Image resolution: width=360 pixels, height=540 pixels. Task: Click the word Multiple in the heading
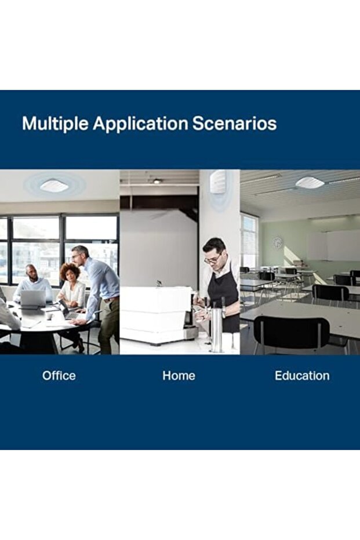tap(55, 124)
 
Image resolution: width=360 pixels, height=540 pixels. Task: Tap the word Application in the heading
tap(140, 124)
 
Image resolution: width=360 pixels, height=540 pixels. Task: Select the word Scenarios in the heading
tap(234, 124)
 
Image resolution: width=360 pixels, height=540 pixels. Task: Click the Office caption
tap(59, 375)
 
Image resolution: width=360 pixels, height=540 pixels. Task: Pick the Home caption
tap(179, 375)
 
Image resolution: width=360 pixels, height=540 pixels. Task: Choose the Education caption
tap(302, 375)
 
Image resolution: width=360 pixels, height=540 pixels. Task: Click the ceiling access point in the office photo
tap(54, 186)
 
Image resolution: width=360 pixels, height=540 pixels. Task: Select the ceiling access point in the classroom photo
tap(310, 182)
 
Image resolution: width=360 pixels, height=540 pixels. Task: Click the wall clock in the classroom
tap(278, 243)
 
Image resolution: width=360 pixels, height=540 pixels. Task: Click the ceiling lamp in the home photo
tap(157, 181)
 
